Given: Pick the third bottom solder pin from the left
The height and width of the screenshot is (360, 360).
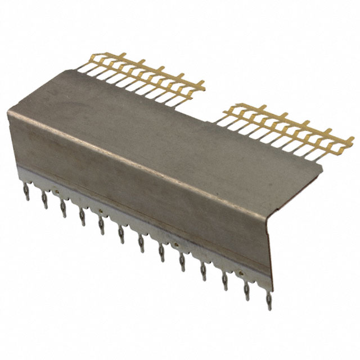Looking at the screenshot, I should coord(63,210).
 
